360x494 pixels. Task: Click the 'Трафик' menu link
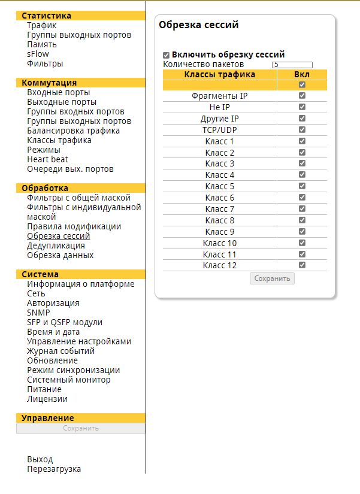41,25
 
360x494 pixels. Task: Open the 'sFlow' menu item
38,54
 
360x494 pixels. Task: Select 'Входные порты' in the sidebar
58,92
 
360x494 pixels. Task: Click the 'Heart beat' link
47,159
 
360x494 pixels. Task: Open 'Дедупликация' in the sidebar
56,246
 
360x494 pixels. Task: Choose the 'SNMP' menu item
38,313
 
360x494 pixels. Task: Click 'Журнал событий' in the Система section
60,351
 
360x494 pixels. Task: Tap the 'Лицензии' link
47,399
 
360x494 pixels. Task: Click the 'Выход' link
40,459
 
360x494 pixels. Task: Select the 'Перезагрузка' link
54,469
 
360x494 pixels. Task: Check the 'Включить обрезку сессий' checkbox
166,54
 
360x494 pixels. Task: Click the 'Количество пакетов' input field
292,65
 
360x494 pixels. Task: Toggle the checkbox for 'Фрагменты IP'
302,96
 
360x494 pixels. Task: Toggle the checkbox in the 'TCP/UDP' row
302,129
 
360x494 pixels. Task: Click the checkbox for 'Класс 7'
302,208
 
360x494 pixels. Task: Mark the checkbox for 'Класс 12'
302,265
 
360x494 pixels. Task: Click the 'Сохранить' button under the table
272,278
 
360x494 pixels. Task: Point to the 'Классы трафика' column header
219,74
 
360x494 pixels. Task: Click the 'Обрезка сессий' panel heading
198,25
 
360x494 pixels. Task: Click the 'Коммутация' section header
49,83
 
